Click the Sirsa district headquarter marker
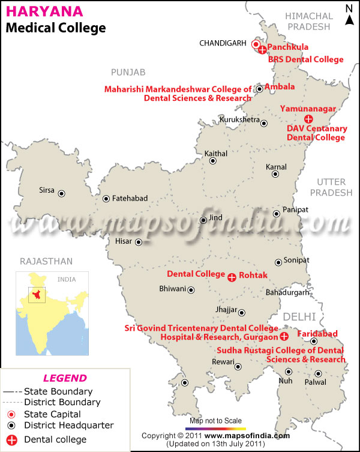tap(61, 193)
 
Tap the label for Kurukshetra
tap(239, 120)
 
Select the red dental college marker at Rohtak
tap(232, 277)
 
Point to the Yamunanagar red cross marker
tap(308, 119)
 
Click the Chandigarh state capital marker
tap(256, 44)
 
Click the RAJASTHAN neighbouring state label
tap(46, 261)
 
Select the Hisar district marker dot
tap(139, 243)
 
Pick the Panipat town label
tap(295, 209)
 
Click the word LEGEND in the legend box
tap(64, 378)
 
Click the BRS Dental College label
tap(305, 59)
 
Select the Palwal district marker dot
tap(319, 373)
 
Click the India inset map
tap(52, 312)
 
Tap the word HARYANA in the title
tap(38, 12)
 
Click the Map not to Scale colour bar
tap(216, 429)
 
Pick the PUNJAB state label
tap(128, 72)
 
